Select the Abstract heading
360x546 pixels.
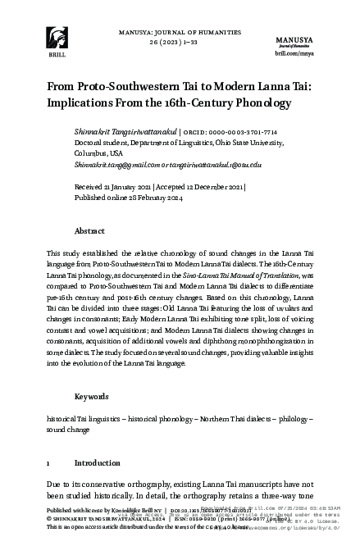pos(89,232)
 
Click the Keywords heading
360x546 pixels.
pos(91,396)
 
